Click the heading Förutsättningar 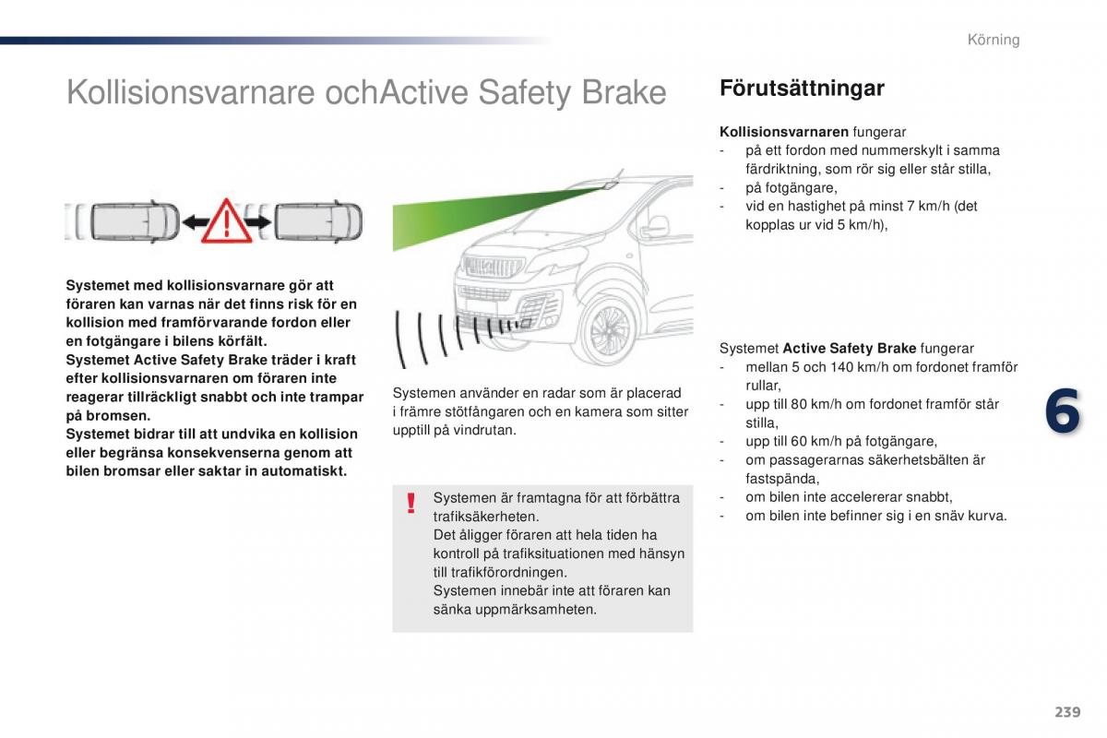tap(801, 89)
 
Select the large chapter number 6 tap(1062, 411)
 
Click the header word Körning tap(994, 40)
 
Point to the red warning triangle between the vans tap(226, 221)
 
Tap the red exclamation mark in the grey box tap(411, 504)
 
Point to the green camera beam tap(461, 217)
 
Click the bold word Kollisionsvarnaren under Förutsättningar tap(784, 132)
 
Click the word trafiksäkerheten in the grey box tap(486, 517)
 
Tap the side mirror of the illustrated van tap(658, 226)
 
